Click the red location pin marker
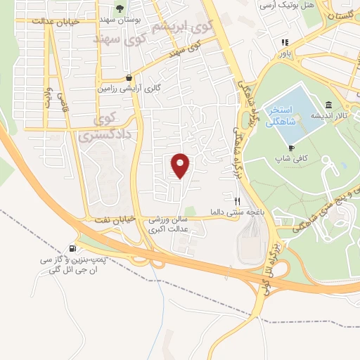pos(181,165)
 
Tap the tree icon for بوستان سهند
pos(120,8)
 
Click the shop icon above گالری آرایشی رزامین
pos(128,78)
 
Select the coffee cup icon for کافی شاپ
pos(292,148)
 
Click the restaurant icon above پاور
pos(285,41)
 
